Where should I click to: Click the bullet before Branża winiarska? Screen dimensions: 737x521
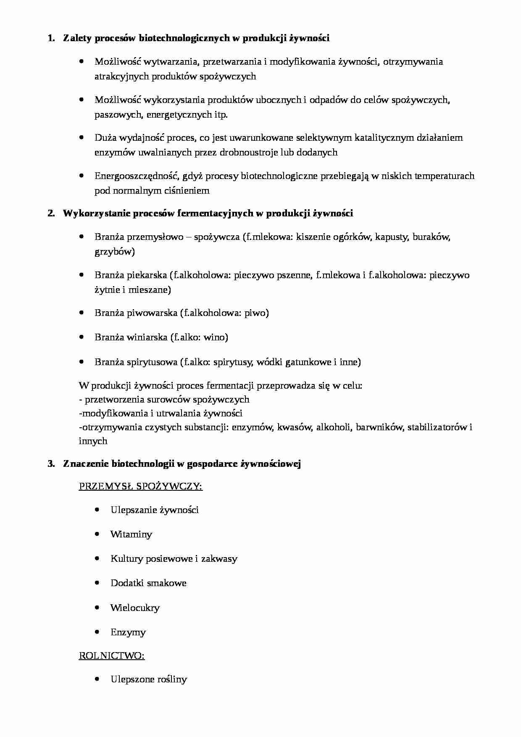[82, 337]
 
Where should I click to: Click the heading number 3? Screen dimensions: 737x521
[51, 464]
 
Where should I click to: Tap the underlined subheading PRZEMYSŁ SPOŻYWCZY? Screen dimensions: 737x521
[140, 487]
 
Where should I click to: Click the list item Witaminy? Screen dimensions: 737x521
[131, 534]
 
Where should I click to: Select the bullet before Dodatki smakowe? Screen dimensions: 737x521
[97, 583]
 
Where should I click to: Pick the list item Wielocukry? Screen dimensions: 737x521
[135, 608]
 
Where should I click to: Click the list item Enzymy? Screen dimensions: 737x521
[128, 632]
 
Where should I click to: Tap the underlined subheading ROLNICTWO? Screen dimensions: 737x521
[112, 655]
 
